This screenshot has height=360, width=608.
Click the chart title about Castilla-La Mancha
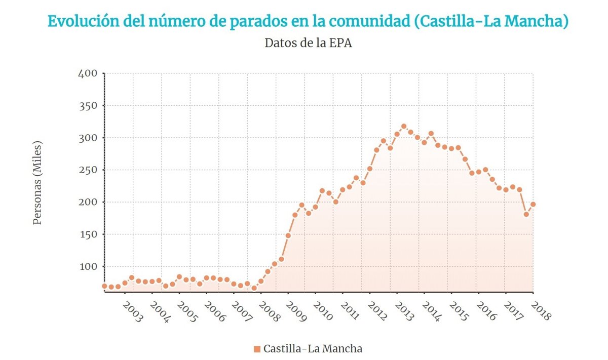click(x=308, y=21)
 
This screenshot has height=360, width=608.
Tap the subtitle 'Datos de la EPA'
click(x=308, y=43)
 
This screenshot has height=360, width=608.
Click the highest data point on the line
click(x=404, y=127)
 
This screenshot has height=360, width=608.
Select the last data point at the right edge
click(x=533, y=205)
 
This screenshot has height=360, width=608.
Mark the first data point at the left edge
click(x=104, y=286)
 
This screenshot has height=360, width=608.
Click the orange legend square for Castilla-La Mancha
click(x=257, y=349)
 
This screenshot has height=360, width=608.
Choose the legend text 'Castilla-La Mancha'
click(x=313, y=349)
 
